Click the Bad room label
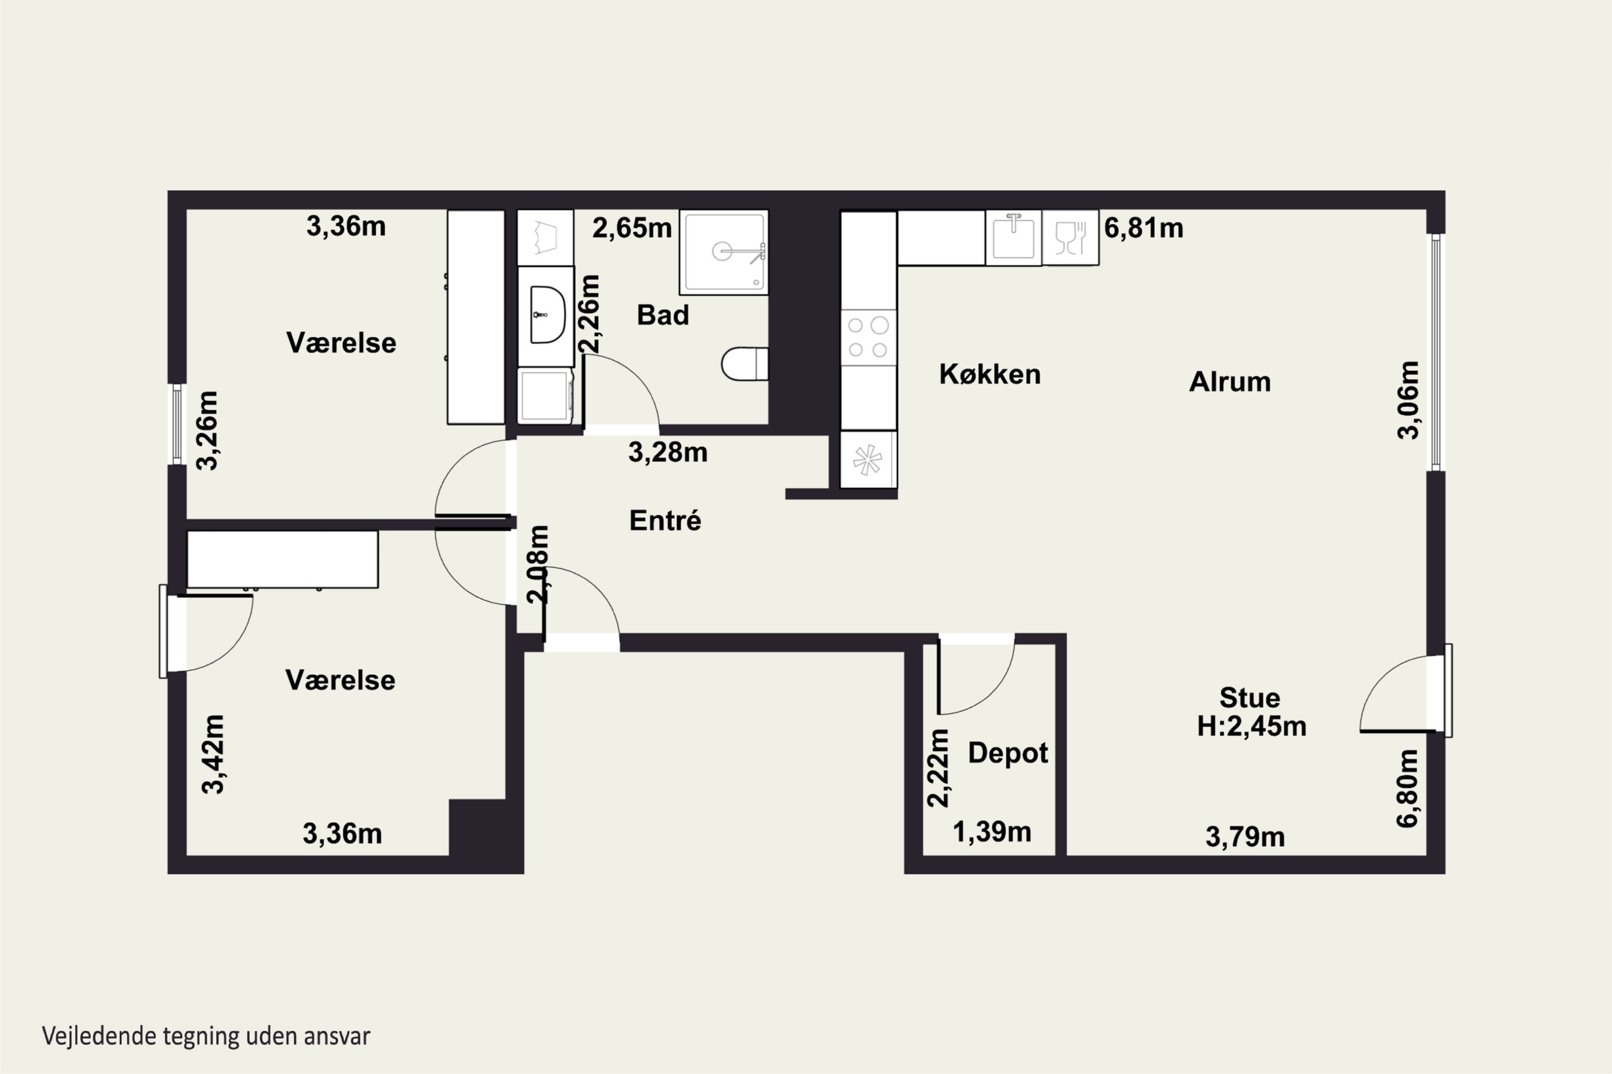pos(663,315)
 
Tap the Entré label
pos(665,520)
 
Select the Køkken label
pos(990,374)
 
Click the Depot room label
pos(1007,753)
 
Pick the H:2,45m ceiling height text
pos(1251,726)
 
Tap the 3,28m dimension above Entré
pos(667,452)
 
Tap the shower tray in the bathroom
pos(724,252)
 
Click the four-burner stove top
pos(868,337)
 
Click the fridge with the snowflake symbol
pos(868,459)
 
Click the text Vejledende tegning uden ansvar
pos(206,1036)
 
